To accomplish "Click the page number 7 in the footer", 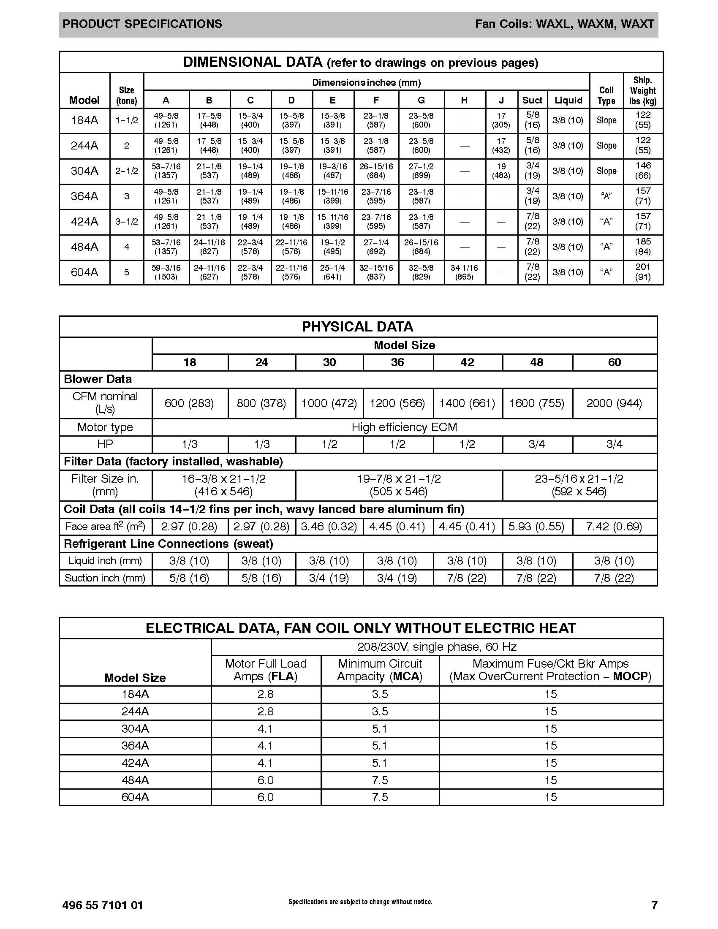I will coord(654,905).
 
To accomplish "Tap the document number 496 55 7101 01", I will coord(103,905).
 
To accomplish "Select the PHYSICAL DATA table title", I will coord(357,327).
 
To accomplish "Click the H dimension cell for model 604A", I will coord(464,272).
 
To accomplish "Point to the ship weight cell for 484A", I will coord(643,247).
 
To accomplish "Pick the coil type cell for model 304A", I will coord(606,171).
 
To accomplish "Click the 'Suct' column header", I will coord(532,100).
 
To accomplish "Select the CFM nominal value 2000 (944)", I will coord(614,403).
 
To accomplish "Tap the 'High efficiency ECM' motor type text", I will coord(404,427).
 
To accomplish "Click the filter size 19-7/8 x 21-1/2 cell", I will coord(399,485).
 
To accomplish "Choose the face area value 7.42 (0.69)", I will coord(614,527).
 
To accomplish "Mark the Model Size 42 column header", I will coord(467,362).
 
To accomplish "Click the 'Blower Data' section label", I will coord(98,379).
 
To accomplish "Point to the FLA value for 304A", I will coord(265,729).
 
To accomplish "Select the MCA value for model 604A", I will coord(380,797).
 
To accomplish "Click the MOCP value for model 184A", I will coord(550,694).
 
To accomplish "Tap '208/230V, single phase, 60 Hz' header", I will coord(437,647).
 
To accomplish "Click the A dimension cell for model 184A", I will coord(166,120).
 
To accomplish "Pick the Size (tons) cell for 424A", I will coord(126,222).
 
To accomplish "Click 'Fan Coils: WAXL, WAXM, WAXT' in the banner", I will coord(564,24).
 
